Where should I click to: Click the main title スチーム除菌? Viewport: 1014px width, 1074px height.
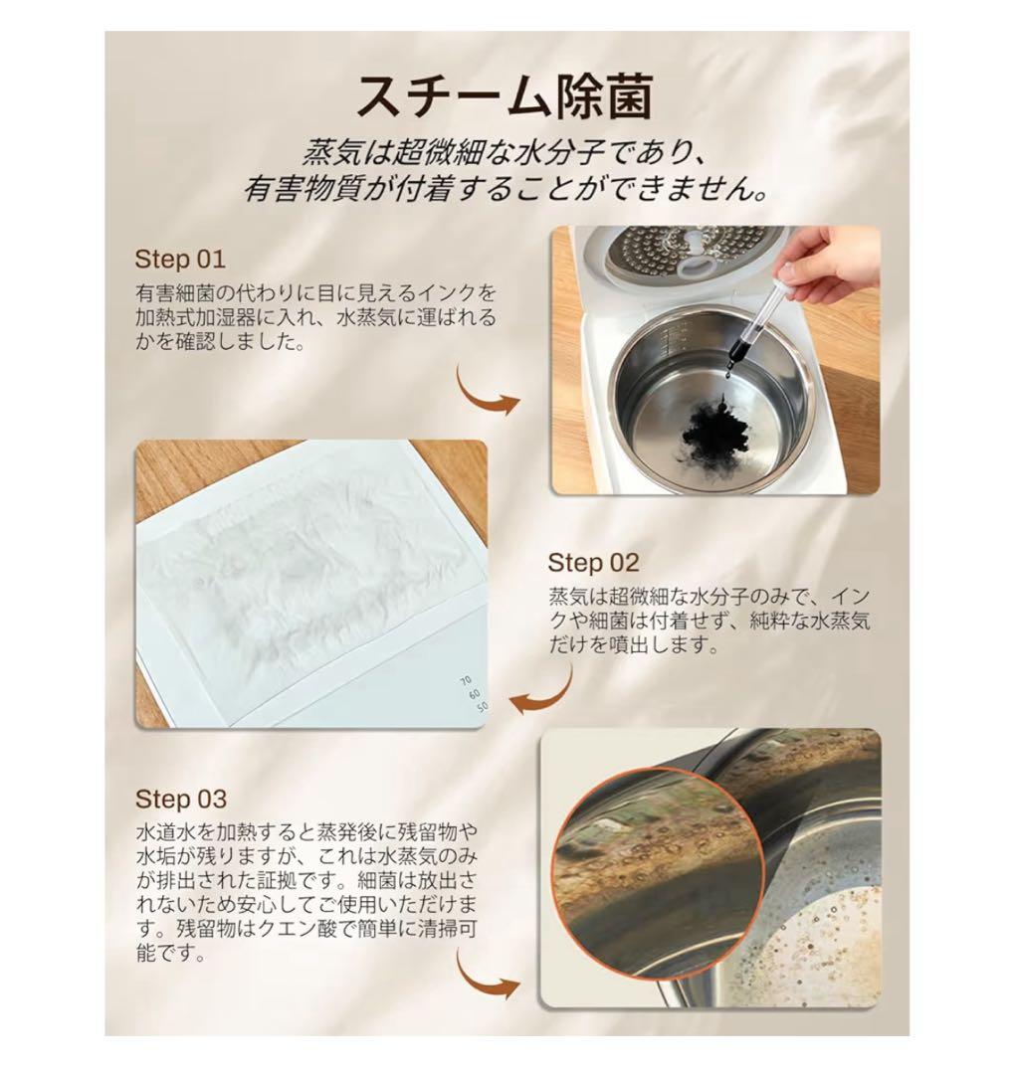pyautogui.click(x=505, y=96)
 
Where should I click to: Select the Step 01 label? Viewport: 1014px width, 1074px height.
pyautogui.click(x=180, y=260)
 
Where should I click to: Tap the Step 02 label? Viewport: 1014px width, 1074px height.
pyautogui.click(x=593, y=563)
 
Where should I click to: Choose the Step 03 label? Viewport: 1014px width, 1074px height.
pyautogui.click(x=181, y=799)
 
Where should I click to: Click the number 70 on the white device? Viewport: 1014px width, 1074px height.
pyautogui.click(x=465, y=680)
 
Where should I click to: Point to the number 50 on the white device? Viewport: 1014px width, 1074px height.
pyautogui.click(x=482, y=707)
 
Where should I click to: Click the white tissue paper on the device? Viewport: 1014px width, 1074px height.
pyautogui.click(x=299, y=577)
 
